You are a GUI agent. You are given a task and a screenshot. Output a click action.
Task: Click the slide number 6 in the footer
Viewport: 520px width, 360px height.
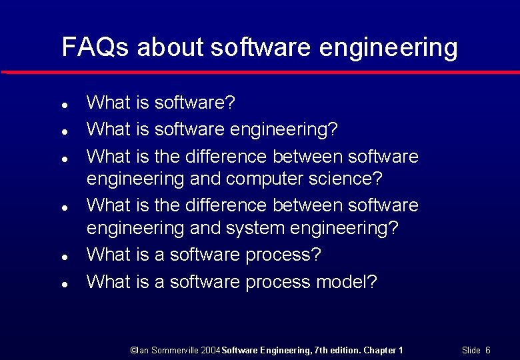tap(488, 350)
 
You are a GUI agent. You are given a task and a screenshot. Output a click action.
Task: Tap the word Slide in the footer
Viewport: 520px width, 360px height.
tap(471, 350)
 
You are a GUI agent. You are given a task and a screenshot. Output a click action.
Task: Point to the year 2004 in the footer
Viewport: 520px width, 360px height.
tap(209, 350)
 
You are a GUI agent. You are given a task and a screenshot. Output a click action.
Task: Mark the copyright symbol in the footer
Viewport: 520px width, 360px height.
tap(133, 350)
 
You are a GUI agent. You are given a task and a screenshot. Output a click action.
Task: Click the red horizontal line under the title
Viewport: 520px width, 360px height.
tap(260, 71)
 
